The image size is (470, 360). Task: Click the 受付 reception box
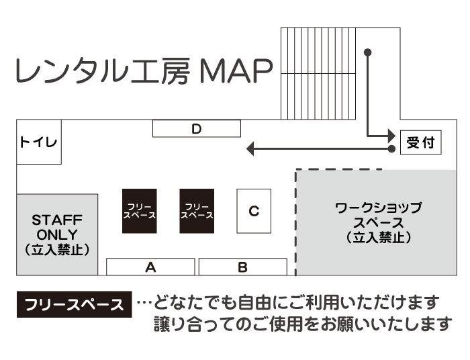(x=421, y=142)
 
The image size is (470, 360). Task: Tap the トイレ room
(x=38, y=142)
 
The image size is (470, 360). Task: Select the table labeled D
(x=196, y=128)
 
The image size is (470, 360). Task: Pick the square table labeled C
(x=254, y=211)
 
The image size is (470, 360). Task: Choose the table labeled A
(x=151, y=267)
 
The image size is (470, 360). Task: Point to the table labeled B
(x=242, y=267)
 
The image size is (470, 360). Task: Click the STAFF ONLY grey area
(x=57, y=234)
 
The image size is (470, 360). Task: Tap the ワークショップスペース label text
(x=379, y=215)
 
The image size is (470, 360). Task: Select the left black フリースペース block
(x=140, y=211)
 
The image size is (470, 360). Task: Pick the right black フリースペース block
(x=197, y=211)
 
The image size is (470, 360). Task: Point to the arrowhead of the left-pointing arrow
(x=249, y=148)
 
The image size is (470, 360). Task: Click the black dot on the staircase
(x=367, y=52)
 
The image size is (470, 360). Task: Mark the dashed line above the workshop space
(x=339, y=169)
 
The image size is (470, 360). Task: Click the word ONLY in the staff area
(x=57, y=234)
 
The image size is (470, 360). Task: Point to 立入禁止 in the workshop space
(x=379, y=237)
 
